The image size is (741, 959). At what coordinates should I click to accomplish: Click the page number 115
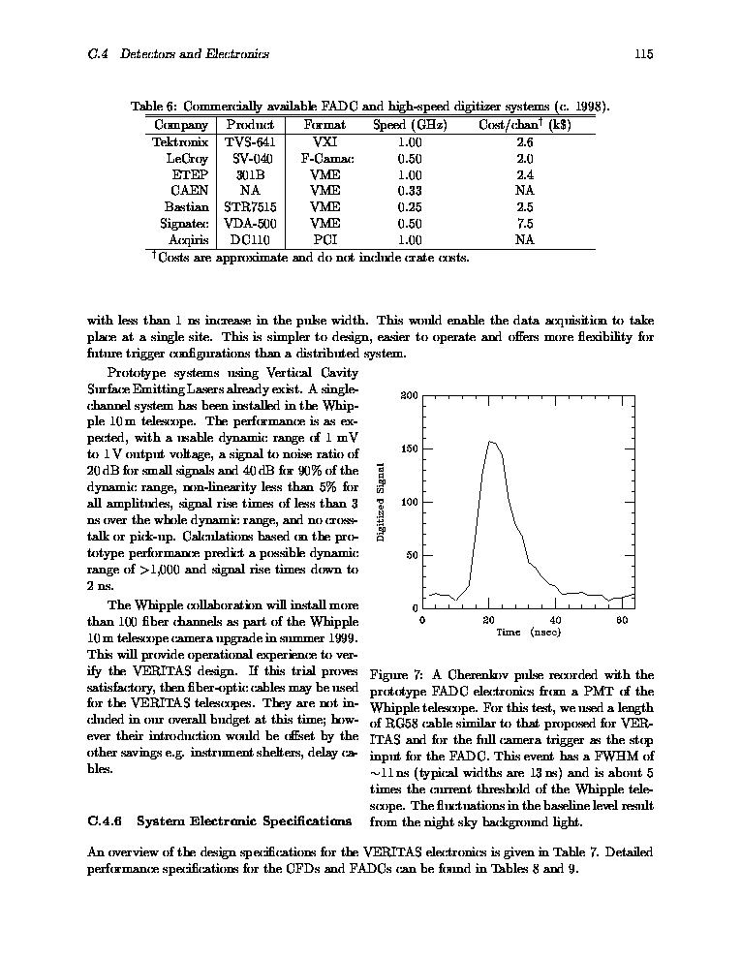644,54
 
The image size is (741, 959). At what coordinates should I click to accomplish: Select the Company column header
181,125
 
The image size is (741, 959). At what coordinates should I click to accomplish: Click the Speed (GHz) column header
410,125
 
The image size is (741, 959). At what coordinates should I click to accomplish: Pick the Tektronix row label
180,141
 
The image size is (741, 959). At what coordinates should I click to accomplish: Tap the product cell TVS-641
250,141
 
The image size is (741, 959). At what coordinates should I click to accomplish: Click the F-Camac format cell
326,158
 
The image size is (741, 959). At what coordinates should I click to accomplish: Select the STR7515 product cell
250,207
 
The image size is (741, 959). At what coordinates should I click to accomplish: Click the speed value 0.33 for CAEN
410,191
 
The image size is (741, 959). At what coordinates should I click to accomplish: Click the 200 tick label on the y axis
409,396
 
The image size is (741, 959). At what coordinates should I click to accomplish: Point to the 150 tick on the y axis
409,449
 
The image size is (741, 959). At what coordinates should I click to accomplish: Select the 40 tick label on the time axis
555,620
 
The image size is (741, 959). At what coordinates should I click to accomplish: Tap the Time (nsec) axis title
528,632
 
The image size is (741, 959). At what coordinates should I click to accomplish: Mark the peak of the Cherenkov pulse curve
490,442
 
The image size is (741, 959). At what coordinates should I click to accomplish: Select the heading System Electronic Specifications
243,821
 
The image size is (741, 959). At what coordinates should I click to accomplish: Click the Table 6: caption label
154,107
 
